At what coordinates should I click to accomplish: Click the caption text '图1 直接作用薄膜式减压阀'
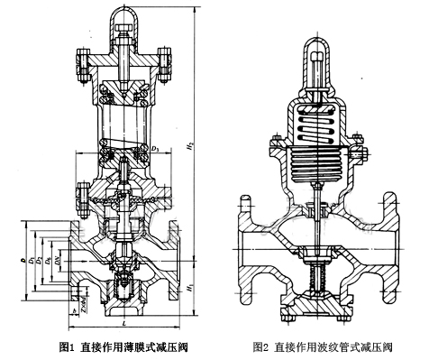124,346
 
